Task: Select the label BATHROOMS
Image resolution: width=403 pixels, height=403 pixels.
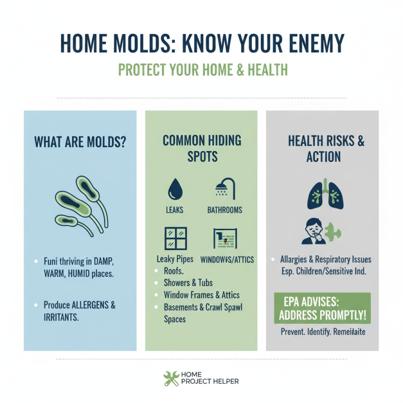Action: click(225, 210)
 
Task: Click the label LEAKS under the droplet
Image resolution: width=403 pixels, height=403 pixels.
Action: click(174, 210)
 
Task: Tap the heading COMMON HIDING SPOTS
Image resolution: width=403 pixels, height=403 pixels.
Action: click(201, 148)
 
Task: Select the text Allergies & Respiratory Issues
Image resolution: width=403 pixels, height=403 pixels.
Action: click(325, 260)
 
